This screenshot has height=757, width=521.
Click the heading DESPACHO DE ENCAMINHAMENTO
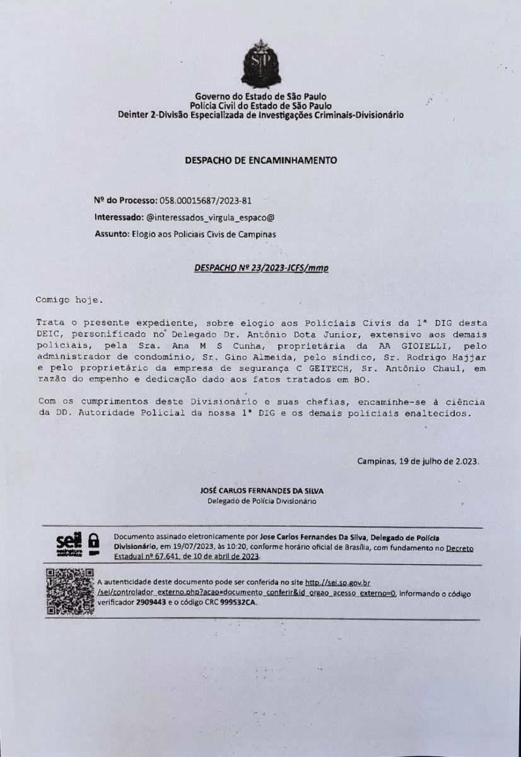[260, 160]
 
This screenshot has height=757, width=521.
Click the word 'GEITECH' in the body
[321, 369]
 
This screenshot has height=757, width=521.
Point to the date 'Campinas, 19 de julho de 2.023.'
[418, 461]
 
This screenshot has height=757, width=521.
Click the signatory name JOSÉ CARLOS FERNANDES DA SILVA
[262, 490]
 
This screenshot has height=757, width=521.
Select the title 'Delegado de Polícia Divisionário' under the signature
[262, 502]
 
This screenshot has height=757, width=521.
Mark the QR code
[69, 591]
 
